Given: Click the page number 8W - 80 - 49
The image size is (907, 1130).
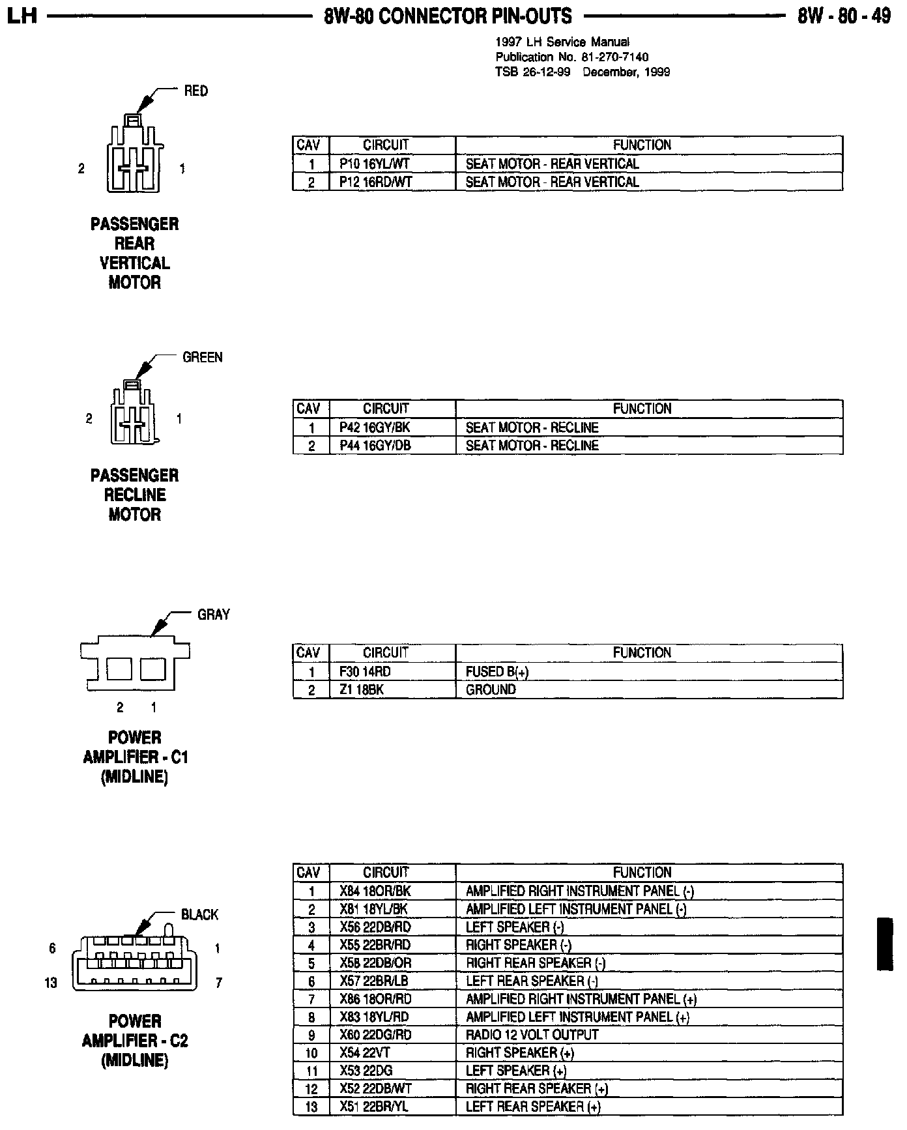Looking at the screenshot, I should click(x=844, y=16).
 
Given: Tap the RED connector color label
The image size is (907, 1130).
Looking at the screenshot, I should click(x=195, y=91).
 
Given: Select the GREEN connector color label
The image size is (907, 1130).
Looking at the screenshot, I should click(x=202, y=357).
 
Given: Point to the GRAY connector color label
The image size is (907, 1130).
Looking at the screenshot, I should click(x=214, y=615).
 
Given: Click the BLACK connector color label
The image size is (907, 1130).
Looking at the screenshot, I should click(x=199, y=915).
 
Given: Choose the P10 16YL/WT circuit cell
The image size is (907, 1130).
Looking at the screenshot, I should click(x=375, y=164).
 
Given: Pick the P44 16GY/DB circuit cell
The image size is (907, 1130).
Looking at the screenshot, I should click(x=375, y=446).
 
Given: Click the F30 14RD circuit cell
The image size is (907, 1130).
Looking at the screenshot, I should click(x=365, y=672).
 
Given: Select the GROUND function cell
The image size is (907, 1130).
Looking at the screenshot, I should click(x=491, y=689).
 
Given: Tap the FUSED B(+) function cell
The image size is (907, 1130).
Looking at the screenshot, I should click(x=497, y=672).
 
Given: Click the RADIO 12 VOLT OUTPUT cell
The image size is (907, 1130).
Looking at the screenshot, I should click(x=532, y=1035).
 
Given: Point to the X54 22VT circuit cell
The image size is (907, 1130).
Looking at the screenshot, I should click(x=366, y=1052).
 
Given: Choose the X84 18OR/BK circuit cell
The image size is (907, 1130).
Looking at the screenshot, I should click(x=375, y=891).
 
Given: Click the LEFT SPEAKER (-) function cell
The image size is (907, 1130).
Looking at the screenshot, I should click(x=515, y=927).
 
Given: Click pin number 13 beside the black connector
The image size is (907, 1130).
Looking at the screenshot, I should click(x=51, y=983).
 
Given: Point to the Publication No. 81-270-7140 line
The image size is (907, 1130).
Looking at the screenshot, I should click(x=571, y=57).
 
